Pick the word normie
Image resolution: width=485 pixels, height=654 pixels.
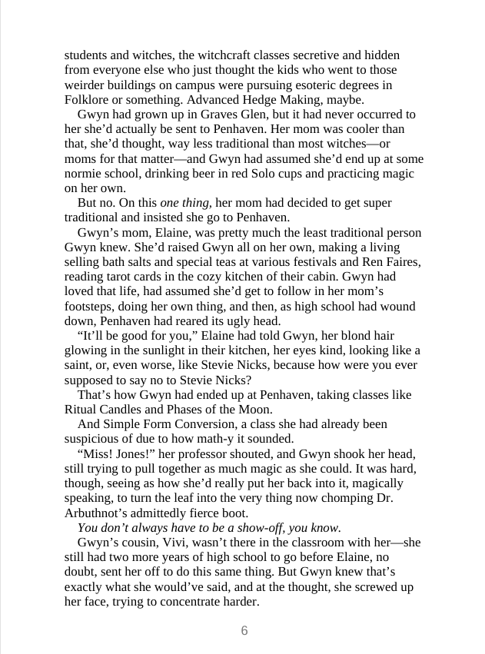[x=82, y=174]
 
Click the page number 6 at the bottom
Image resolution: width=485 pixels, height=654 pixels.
[x=244, y=631]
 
